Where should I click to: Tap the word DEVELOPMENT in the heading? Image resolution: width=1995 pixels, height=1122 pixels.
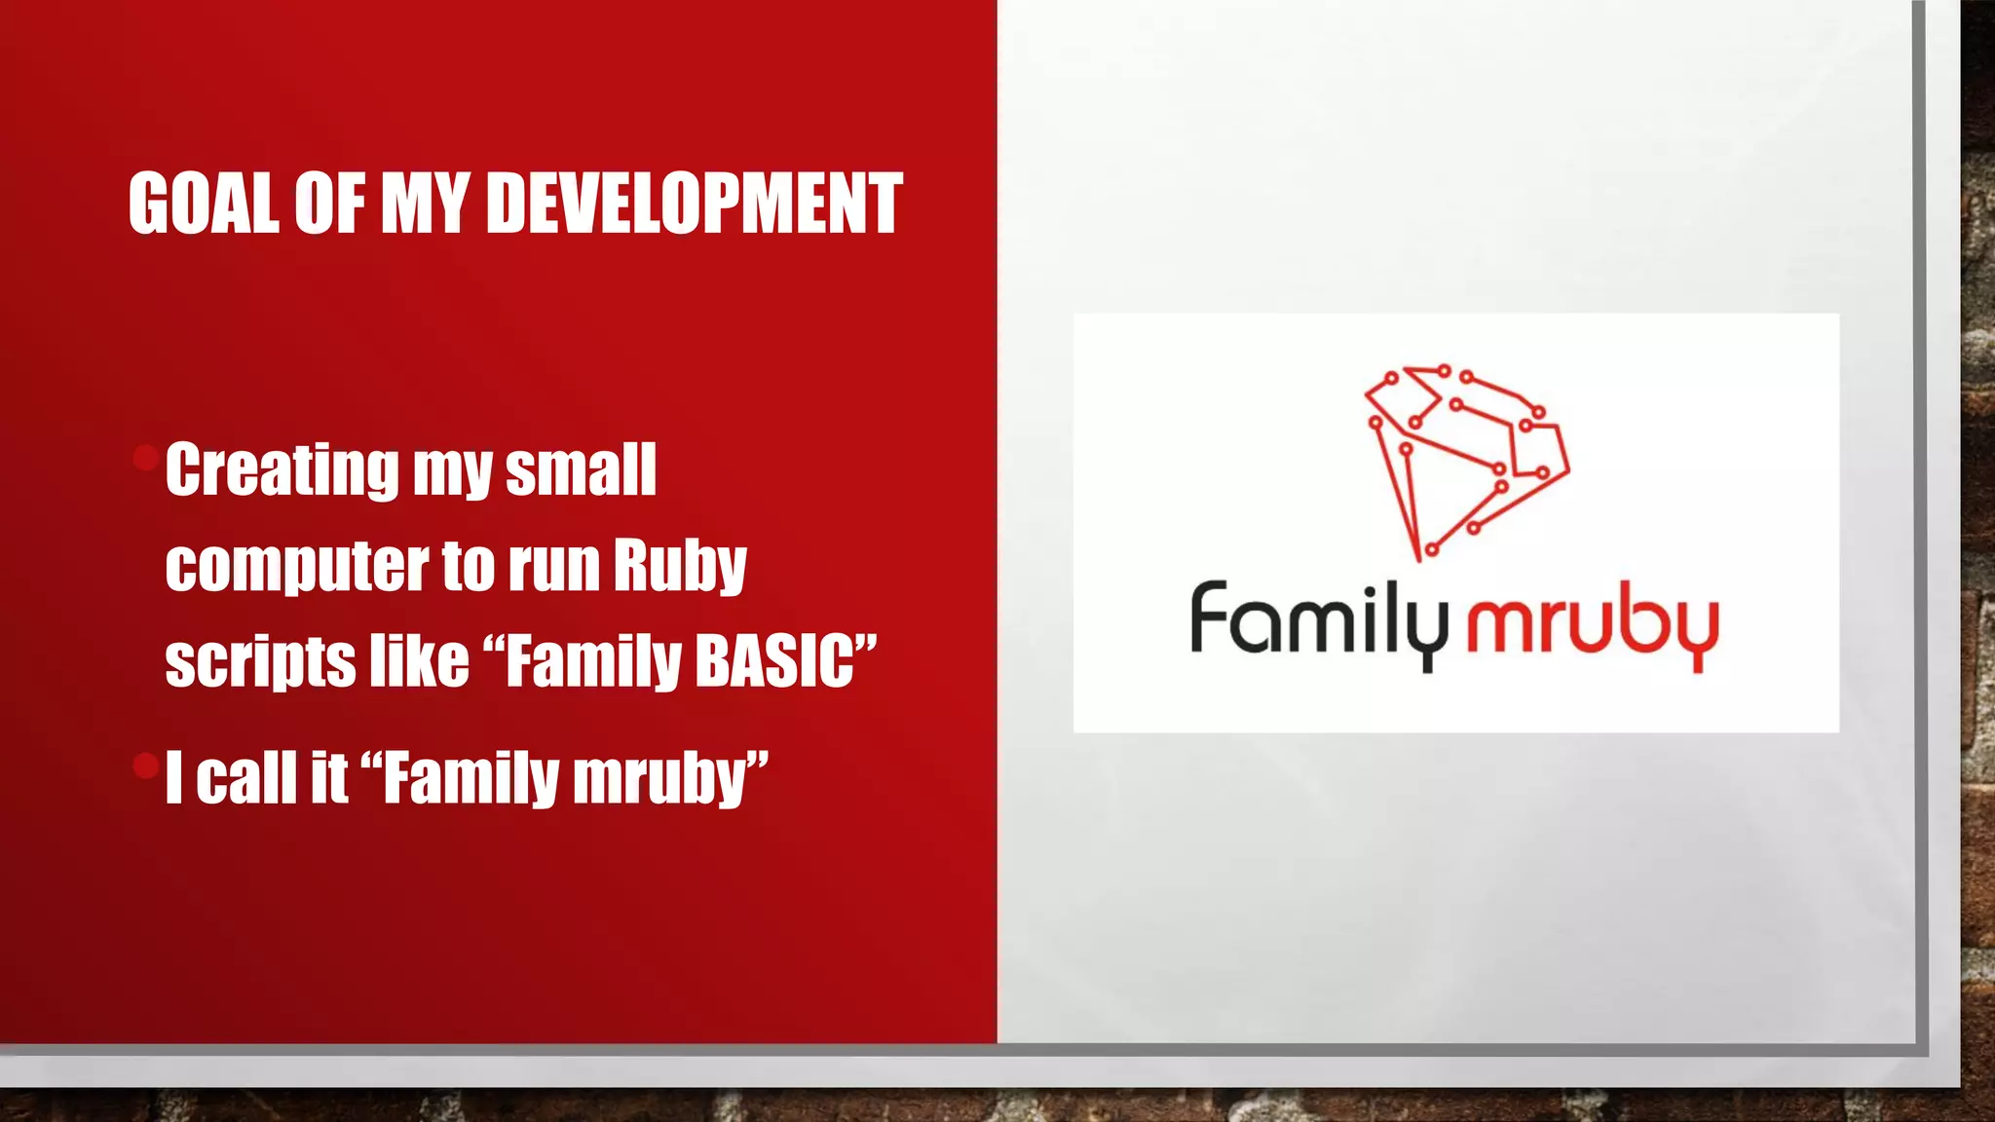coord(693,204)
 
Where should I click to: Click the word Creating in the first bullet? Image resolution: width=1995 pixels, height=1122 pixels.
coord(282,469)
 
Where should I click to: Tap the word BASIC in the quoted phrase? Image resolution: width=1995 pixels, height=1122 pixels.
coord(774,661)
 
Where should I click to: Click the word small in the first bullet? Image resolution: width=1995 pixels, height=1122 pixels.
coord(581,469)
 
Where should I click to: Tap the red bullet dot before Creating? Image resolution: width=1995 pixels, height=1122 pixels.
coord(146,457)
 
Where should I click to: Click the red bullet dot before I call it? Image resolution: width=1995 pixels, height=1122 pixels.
coord(146,766)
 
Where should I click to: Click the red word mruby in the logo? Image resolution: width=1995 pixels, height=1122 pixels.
coord(1592,628)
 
